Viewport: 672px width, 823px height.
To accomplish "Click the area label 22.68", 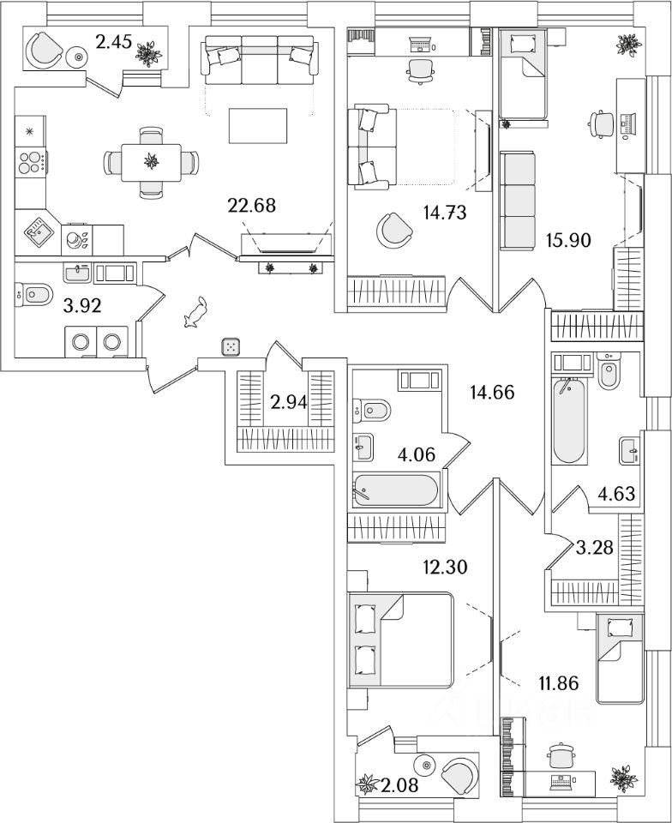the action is (252, 205).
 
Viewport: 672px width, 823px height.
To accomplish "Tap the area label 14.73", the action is (445, 213).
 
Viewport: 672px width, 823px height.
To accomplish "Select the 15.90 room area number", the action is (568, 240).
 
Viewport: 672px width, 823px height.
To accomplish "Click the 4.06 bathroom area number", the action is (417, 454).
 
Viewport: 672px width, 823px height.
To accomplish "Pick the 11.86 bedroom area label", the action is (559, 683).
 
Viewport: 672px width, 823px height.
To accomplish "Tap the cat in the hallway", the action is (195, 312).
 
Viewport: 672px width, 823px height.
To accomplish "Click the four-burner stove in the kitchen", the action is (30, 163).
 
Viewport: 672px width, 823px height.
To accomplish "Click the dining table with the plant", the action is (151, 162).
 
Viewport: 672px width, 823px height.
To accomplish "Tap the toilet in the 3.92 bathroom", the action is (34, 294).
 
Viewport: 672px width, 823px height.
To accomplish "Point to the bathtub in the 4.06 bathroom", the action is (395, 490).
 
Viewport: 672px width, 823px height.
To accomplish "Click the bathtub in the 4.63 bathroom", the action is (569, 420).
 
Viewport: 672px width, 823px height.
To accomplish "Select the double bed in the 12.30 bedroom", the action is (400, 640).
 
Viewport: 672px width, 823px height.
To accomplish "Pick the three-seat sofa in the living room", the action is (260, 59).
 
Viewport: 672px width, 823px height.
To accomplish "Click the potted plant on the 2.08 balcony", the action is (368, 784).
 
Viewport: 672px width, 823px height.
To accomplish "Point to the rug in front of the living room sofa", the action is (258, 125).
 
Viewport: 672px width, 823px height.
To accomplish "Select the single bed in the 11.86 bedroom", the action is (620, 659).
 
